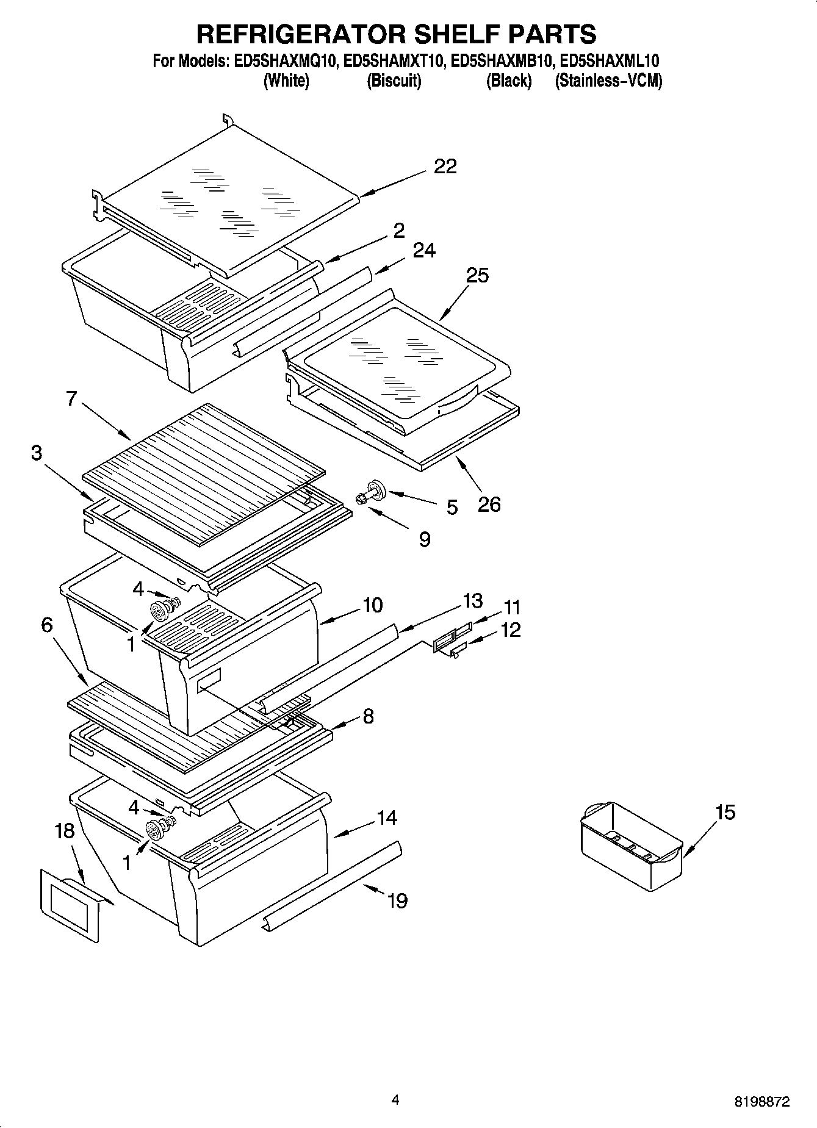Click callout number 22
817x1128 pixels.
445,166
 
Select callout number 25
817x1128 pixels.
477,275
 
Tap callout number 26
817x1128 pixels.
489,504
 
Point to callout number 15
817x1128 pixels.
725,812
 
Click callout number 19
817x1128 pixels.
397,900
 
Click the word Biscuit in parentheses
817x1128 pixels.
394,81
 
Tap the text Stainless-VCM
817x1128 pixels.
608,81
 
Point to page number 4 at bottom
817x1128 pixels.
395,1100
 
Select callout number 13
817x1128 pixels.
472,600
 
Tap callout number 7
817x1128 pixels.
71,399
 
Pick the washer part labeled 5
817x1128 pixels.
376,488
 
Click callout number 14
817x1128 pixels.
386,817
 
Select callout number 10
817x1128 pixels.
372,605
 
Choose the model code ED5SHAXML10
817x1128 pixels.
609,61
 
